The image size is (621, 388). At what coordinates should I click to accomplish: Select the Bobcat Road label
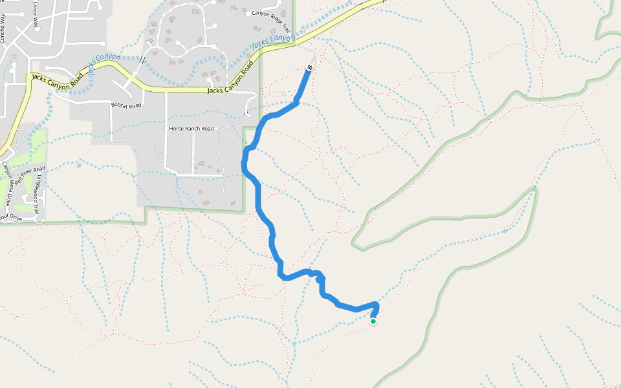[x=125, y=105]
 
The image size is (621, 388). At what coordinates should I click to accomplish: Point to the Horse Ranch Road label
[x=191, y=129]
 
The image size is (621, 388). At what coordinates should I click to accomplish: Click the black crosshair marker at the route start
[x=310, y=68]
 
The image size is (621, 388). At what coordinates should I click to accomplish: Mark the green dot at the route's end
[x=373, y=321]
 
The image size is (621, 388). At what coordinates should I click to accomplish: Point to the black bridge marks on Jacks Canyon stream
[x=142, y=59]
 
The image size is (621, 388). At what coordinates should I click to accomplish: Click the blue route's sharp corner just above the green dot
[x=376, y=305]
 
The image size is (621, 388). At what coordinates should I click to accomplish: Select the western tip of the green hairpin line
[x=354, y=244]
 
